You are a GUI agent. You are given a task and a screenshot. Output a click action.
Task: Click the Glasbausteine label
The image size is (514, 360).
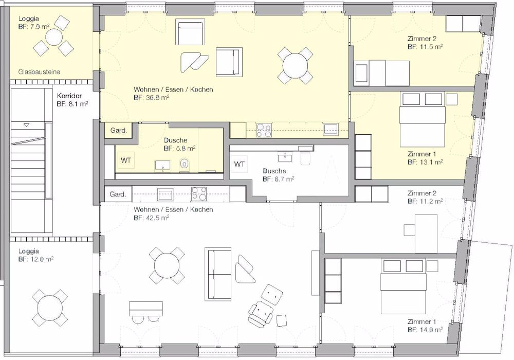pos(39,72)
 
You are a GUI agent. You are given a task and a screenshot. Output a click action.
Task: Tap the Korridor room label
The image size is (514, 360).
pos(69,96)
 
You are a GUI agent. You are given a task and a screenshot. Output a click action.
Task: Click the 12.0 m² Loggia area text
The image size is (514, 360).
pos(35,260)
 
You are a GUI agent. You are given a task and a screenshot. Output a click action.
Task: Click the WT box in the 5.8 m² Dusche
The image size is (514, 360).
pos(125,160)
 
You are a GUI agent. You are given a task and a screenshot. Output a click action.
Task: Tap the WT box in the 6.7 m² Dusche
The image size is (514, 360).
pos(239,164)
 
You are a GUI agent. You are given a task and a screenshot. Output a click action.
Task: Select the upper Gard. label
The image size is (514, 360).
pos(119,131)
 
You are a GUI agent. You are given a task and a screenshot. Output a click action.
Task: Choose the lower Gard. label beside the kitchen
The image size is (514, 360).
pos(118,194)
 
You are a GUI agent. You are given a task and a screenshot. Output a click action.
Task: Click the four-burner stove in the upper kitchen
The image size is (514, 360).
pos(264,131)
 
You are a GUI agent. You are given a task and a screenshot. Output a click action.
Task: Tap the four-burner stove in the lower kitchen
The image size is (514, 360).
pos(199,194)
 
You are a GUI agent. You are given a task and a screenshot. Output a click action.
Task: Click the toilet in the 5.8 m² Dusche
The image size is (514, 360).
pos(185,164)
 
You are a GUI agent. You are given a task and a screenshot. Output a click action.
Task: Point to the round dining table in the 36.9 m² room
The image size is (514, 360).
pos(295,66)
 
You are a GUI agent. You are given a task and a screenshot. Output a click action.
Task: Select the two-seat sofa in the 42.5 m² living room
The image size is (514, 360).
pos(218,275)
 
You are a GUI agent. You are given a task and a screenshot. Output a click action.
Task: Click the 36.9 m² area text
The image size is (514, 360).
pos(151,97)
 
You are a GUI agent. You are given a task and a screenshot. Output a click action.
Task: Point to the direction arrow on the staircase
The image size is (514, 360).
pos(27,125)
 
